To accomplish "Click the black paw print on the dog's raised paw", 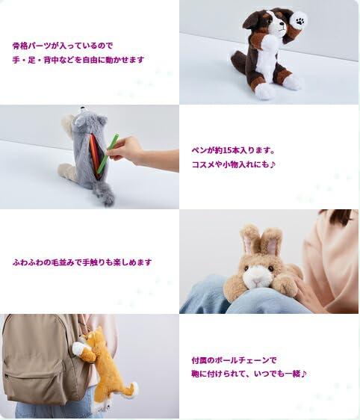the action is click(300, 21).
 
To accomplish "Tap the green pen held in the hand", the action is click(108, 153).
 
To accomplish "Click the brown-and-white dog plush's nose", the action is click(282, 24).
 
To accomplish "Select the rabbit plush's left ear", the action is click(248, 239).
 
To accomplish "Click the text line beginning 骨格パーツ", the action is click(63, 46).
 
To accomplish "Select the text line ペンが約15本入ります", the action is click(233, 150).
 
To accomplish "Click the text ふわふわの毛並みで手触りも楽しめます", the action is click(82, 262).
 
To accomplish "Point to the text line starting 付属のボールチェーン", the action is click(234, 360).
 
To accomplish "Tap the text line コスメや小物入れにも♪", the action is click(233, 164).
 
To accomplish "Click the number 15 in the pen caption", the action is click(226, 150).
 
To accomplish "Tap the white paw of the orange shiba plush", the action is click(78, 348).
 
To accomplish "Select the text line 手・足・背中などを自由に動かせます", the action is click(78, 60).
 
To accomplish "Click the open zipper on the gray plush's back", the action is click(96, 157).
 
